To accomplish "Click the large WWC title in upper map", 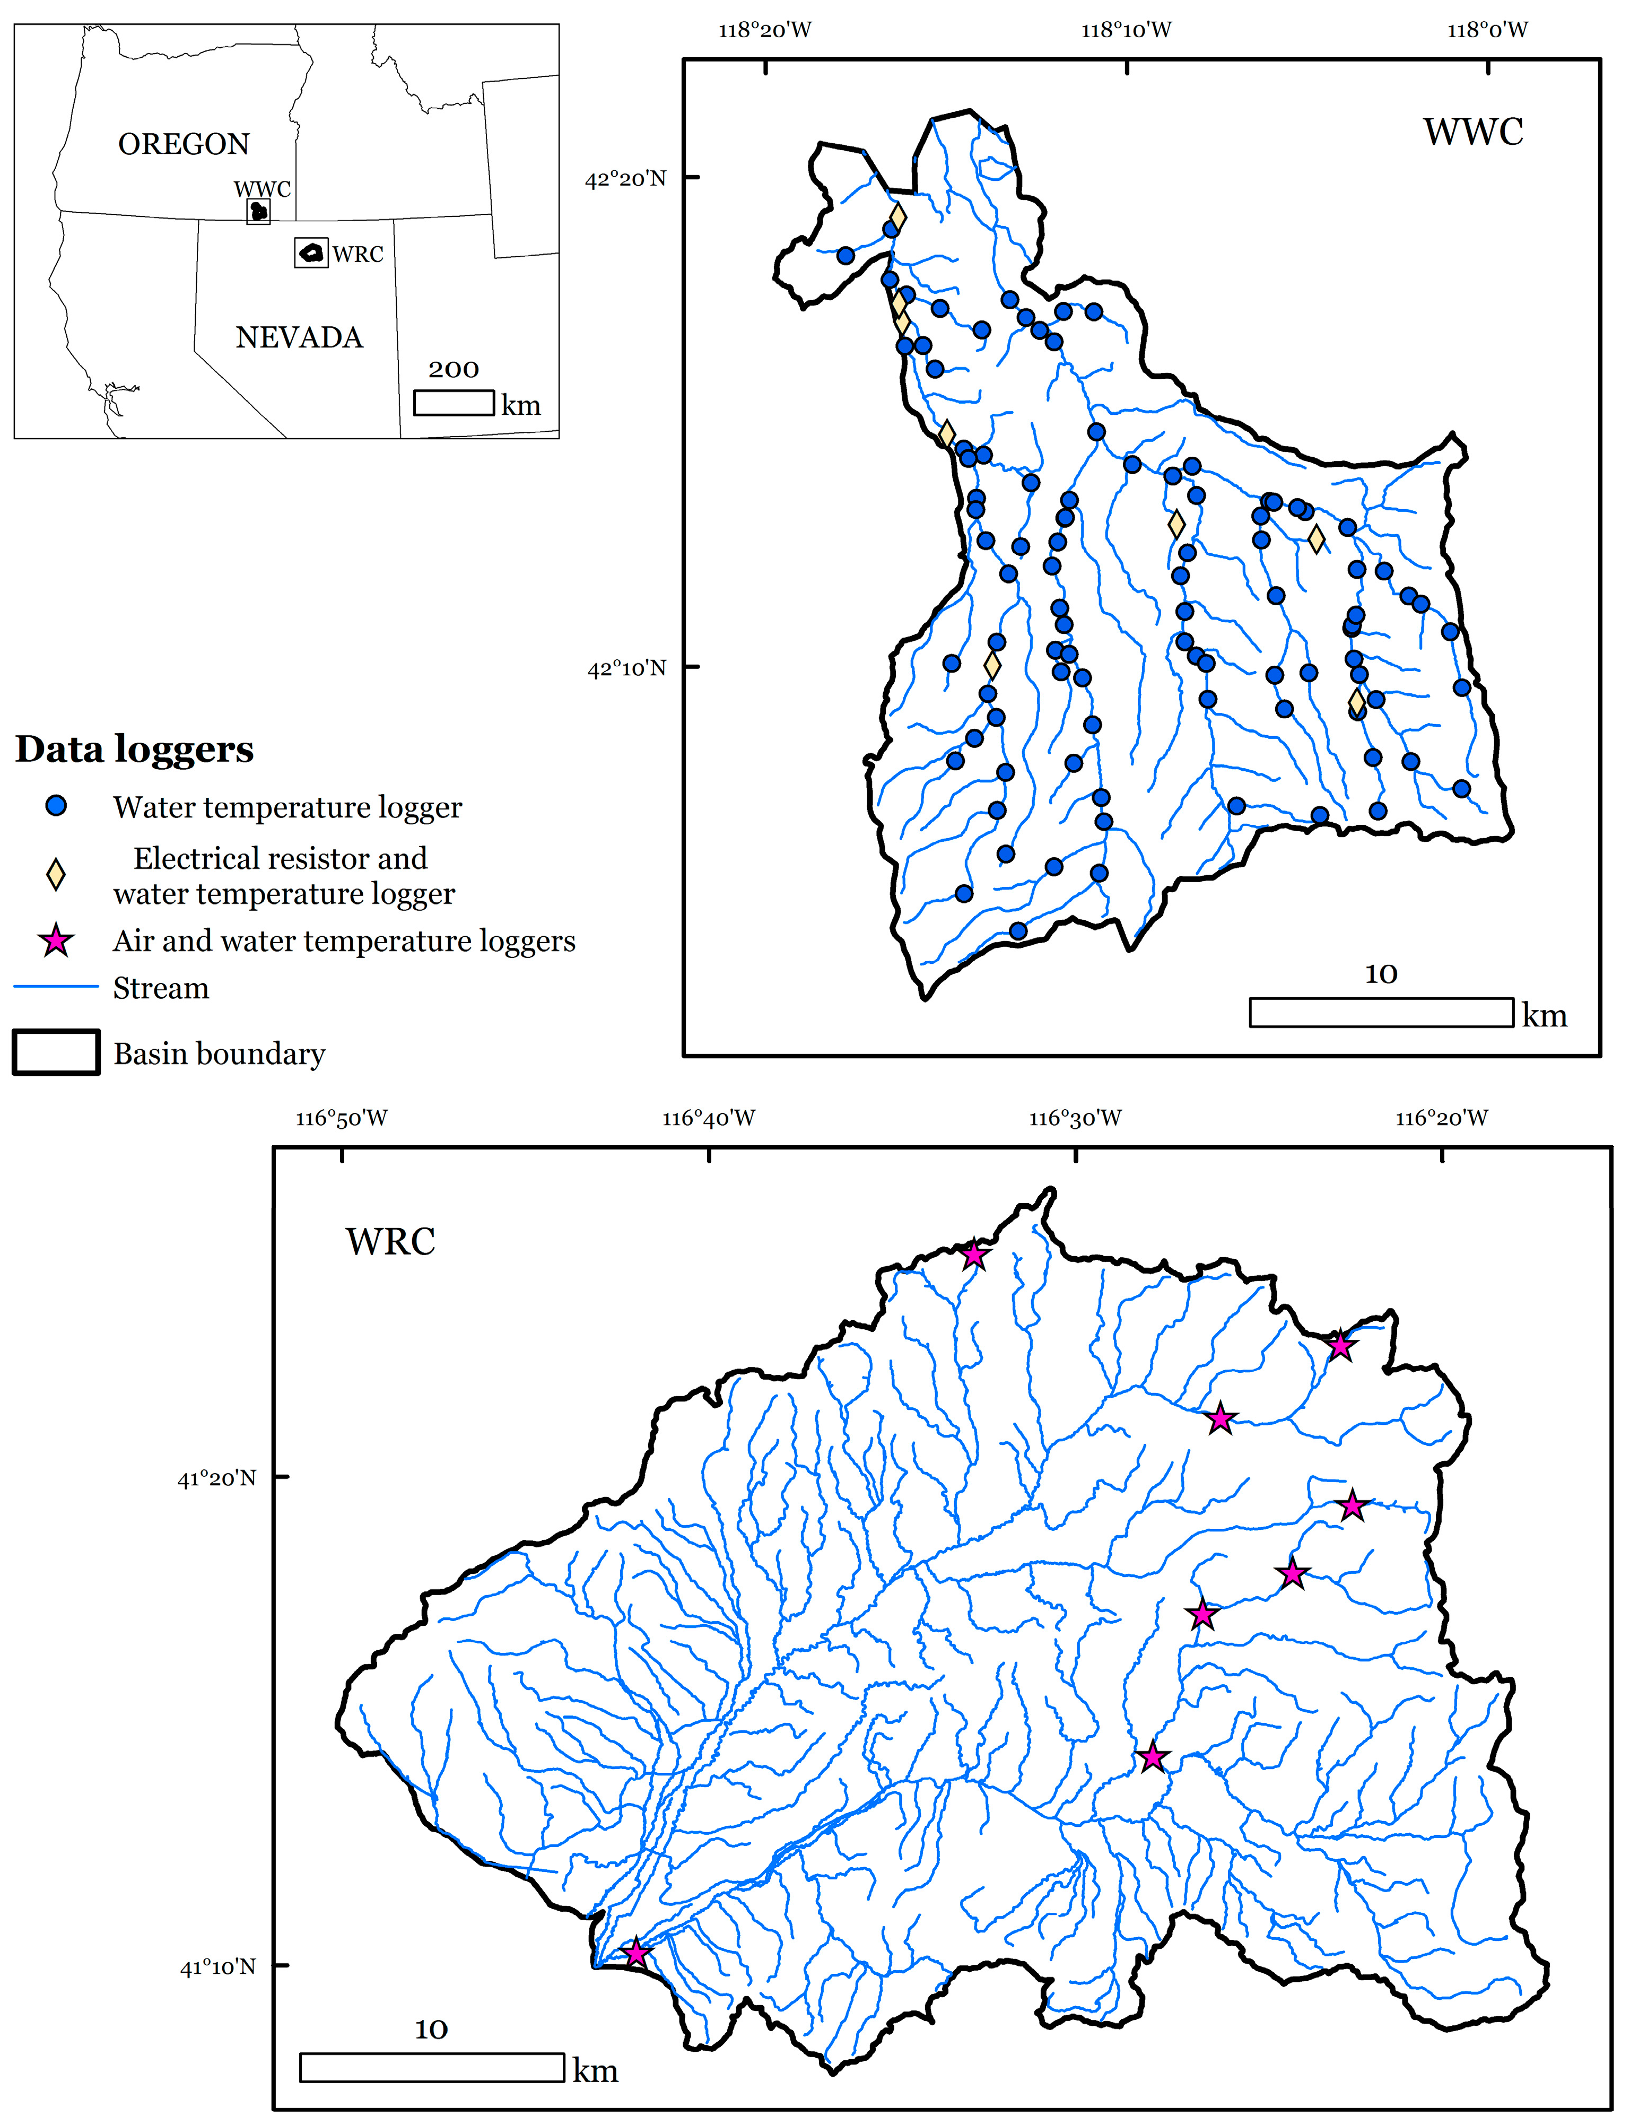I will [x=1473, y=132].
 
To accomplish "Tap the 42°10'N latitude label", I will [x=627, y=668].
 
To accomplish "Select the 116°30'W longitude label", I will [x=1075, y=1118].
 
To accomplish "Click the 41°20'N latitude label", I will [x=216, y=1478].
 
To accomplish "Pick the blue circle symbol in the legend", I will [x=56, y=806].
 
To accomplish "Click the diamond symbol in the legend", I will [x=56, y=874].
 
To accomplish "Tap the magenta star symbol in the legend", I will [x=56, y=940].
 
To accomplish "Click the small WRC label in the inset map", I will [x=358, y=254].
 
